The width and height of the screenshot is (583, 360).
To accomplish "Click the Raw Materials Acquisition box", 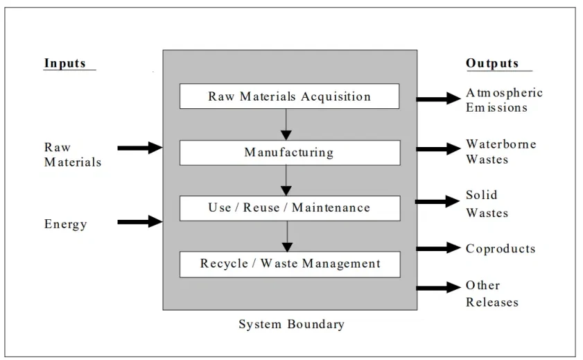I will click(x=289, y=96).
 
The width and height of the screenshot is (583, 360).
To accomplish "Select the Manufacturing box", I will click(x=289, y=152).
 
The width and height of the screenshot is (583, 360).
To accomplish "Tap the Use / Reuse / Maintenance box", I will click(x=289, y=207).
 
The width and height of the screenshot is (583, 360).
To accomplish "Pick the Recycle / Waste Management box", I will click(x=289, y=264).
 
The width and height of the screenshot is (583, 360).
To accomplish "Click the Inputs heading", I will click(x=65, y=63).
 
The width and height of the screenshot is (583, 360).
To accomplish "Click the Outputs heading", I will click(x=492, y=63).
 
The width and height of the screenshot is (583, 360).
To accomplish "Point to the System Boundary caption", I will click(x=291, y=324).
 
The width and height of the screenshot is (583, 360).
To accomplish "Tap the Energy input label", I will click(x=66, y=224).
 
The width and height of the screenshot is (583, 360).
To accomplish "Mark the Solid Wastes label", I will click(x=487, y=204).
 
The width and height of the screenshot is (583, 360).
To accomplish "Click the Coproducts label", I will click(x=501, y=248).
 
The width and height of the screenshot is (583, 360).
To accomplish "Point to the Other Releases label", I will click(x=491, y=293).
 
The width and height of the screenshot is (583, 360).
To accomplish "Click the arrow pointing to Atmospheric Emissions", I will click(x=439, y=99).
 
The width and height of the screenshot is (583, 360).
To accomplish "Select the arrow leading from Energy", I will click(x=139, y=222).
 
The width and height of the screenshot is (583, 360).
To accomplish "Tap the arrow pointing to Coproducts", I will click(x=439, y=248).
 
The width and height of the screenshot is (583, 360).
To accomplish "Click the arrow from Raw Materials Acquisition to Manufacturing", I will click(x=285, y=124).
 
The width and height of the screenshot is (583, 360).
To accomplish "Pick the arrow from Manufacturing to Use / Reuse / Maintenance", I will click(x=285, y=180).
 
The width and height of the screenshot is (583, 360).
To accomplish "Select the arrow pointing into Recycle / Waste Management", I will click(x=287, y=237).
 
